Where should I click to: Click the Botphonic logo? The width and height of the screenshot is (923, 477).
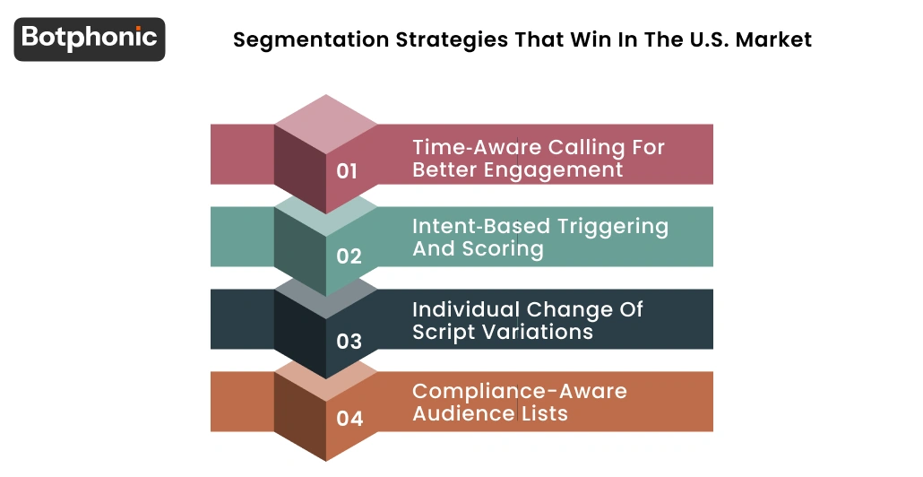(90, 39)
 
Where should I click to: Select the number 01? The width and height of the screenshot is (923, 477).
(348, 171)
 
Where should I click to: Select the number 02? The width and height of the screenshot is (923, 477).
(349, 256)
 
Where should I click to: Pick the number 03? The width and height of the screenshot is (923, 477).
(349, 342)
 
